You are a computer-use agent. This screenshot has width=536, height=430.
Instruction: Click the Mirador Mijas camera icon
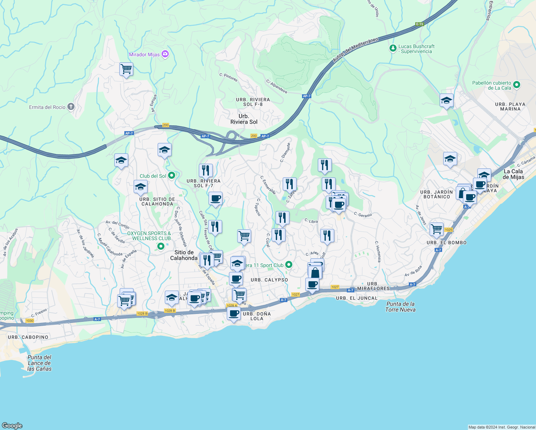coord(165,54)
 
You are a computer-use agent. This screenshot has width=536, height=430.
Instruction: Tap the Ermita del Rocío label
coord(47,107)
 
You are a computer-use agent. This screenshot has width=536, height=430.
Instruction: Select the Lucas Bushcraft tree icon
coord(393,48)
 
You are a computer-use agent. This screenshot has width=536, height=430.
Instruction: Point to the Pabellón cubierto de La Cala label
coord(492,85)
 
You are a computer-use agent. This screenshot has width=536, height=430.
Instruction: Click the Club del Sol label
coord(153,176)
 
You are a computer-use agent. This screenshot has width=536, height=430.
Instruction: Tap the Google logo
coord(12,425)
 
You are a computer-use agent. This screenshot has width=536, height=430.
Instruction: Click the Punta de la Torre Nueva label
coord(400,307)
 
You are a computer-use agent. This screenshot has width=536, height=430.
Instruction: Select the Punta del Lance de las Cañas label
coord(39,363)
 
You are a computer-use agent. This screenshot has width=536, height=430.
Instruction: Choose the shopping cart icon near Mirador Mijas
coord(126,69)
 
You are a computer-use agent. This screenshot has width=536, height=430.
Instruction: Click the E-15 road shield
coord(420,24)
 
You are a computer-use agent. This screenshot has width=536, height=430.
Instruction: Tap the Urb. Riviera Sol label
coord(244,119)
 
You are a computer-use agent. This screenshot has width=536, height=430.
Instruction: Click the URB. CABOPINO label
coord(28,337)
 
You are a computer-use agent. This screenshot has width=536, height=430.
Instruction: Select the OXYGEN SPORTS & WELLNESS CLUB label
coord(149,236)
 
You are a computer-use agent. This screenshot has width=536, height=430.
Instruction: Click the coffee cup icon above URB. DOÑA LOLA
coord(234,314)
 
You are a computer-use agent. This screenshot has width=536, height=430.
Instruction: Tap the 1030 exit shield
coord(30,321)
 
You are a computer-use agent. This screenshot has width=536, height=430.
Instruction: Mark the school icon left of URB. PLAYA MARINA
coord(446,101)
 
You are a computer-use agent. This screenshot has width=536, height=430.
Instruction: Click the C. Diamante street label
coord(285,153)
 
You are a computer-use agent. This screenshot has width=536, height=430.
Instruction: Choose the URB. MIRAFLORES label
coord(373,286)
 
